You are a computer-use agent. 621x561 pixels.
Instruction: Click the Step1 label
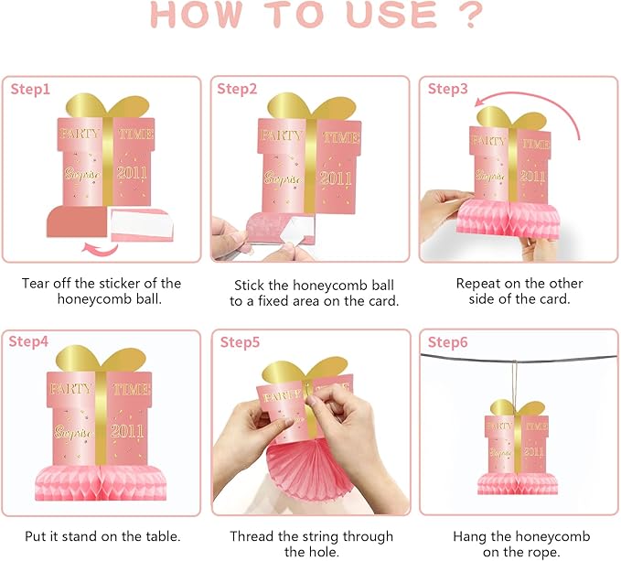click(x=30, y=90)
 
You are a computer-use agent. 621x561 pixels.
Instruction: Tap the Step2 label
click(x=237, y=89)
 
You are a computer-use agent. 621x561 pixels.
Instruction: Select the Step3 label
click(x=447, y=89)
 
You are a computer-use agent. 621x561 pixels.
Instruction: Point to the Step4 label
click(x=28, y=341)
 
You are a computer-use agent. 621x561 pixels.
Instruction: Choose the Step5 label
click(x=240, y=342)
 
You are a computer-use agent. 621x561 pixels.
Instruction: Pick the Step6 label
click(x=447, y=342)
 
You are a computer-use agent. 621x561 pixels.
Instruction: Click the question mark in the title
click(x=470, y=15)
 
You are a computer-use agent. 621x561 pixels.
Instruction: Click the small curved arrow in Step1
click(x=100, y=249)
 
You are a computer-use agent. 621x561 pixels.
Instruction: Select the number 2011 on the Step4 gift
click(x=127, y=431)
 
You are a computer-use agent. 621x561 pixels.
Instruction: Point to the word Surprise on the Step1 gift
click(x=82, y=174)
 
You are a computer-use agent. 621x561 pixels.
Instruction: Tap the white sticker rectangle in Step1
click(x=142, y=224)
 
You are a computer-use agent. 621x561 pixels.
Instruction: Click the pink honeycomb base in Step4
click(x=101, y=482)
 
